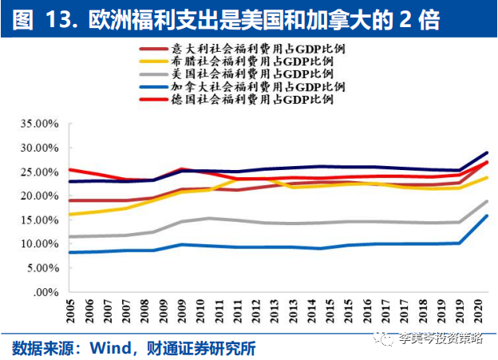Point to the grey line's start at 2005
(x=70, y=236)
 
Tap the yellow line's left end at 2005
(x=70, y=215)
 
